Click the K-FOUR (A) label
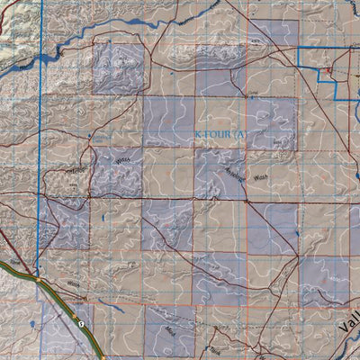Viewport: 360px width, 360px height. pyautogui.click(x=219, y=135)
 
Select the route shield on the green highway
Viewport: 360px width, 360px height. pyautogui.click(x=82, y=322)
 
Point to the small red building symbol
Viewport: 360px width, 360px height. pyautogui.click(x=329, y=69)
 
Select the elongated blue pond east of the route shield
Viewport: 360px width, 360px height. pyautogui.click(x=125, y=316)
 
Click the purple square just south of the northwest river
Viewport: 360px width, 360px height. pyautogui.click(x=118, y=67)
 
